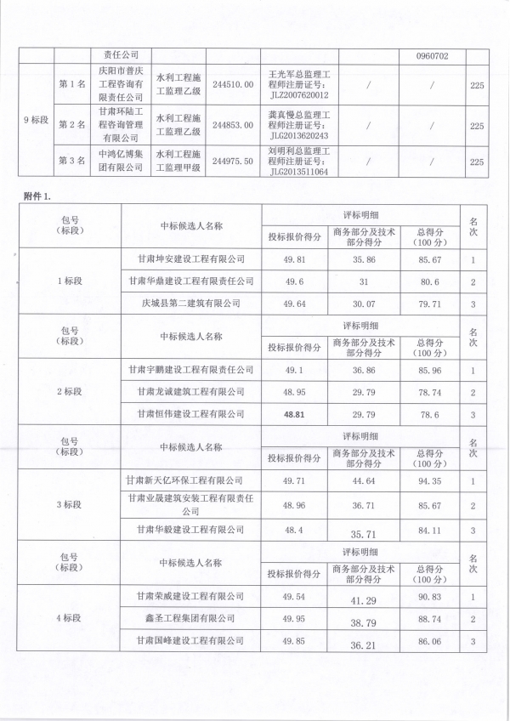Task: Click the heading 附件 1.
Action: tap(38, 196)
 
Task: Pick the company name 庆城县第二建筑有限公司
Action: tap(190, 303)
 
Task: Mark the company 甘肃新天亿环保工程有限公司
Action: tap(190, 482)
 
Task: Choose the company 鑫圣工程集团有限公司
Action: tap(190, 618)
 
